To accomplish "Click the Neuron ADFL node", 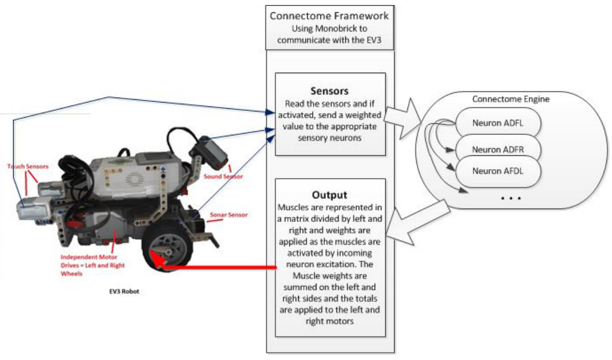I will tap(497, 123).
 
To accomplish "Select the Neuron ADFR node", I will tap(497, 149).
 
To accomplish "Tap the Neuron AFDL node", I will tap(497, 170).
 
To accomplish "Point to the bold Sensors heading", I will tap(330, 90).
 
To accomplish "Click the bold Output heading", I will tap(330, 195).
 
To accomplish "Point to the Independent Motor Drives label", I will tap(93, 265).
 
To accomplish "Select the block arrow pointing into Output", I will tap(411, 220).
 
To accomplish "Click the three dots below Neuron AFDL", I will tap(511, 197).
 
